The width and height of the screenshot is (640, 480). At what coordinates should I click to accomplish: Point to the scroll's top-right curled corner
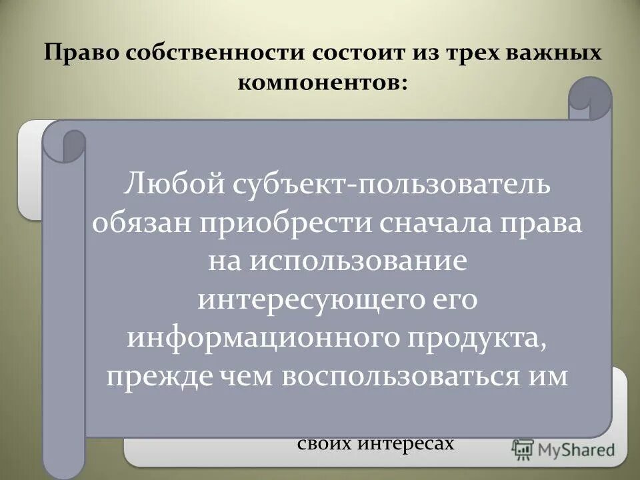(590, 97)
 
